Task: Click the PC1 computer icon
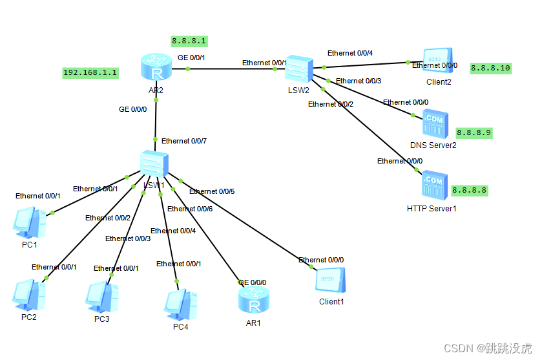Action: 30,224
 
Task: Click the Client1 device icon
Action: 331,281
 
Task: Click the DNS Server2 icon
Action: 433,123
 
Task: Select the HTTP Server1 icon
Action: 432,185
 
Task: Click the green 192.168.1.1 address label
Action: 90,72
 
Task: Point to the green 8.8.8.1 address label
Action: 189,41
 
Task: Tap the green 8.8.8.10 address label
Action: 490,67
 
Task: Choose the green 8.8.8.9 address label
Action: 474,132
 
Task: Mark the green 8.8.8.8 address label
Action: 469,190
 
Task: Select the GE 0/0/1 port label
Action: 191,58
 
